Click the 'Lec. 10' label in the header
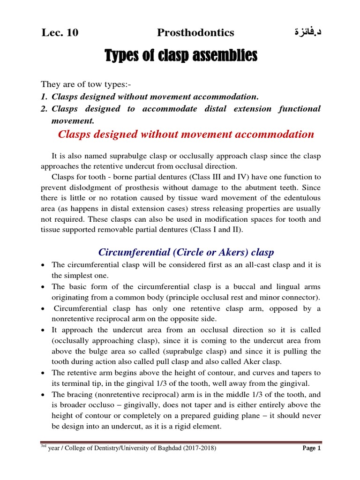(x=60, y=32)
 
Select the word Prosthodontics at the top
(x=195, y=32)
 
